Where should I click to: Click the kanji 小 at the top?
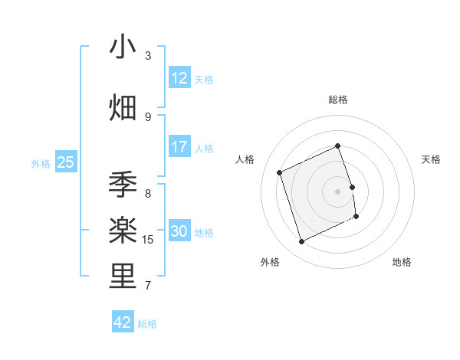[x=123, y=47]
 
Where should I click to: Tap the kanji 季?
[x=123, y=185]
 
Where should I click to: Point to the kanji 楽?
[x=123, y=231]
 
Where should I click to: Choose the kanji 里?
[x=123, y=277]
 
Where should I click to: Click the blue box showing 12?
[x=179, y=78]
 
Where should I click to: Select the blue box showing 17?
[x=179, y=147]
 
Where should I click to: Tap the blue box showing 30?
[x=179, y=231]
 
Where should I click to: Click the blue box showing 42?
[x=123, y=322]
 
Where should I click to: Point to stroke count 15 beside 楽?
[x=149, y=240]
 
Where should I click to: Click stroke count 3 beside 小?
[x=148, y=56]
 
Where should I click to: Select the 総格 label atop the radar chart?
[x=337, y=100]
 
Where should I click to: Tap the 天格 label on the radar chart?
[x=432, y=159]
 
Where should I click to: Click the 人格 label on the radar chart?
[x=245, y=159]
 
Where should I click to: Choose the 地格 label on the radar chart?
[x=402, y=262]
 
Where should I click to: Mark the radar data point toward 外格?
[x=301, y=242]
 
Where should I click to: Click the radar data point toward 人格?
[x=280, y=172]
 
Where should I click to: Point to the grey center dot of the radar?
[x=337, y=191]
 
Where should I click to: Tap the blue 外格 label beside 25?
[x=41, y=163]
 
